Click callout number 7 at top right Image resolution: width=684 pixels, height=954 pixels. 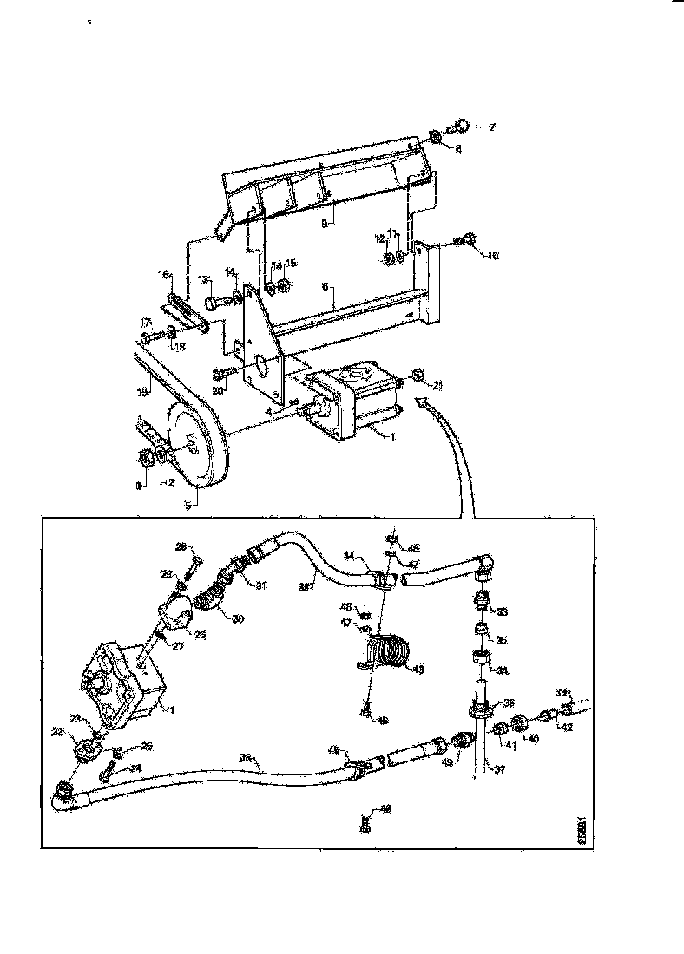490,127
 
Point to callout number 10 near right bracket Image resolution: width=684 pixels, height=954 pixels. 493,256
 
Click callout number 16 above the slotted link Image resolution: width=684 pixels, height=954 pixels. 164,275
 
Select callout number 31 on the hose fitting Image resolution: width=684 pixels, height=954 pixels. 262,585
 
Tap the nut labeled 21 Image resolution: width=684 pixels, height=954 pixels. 418,376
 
